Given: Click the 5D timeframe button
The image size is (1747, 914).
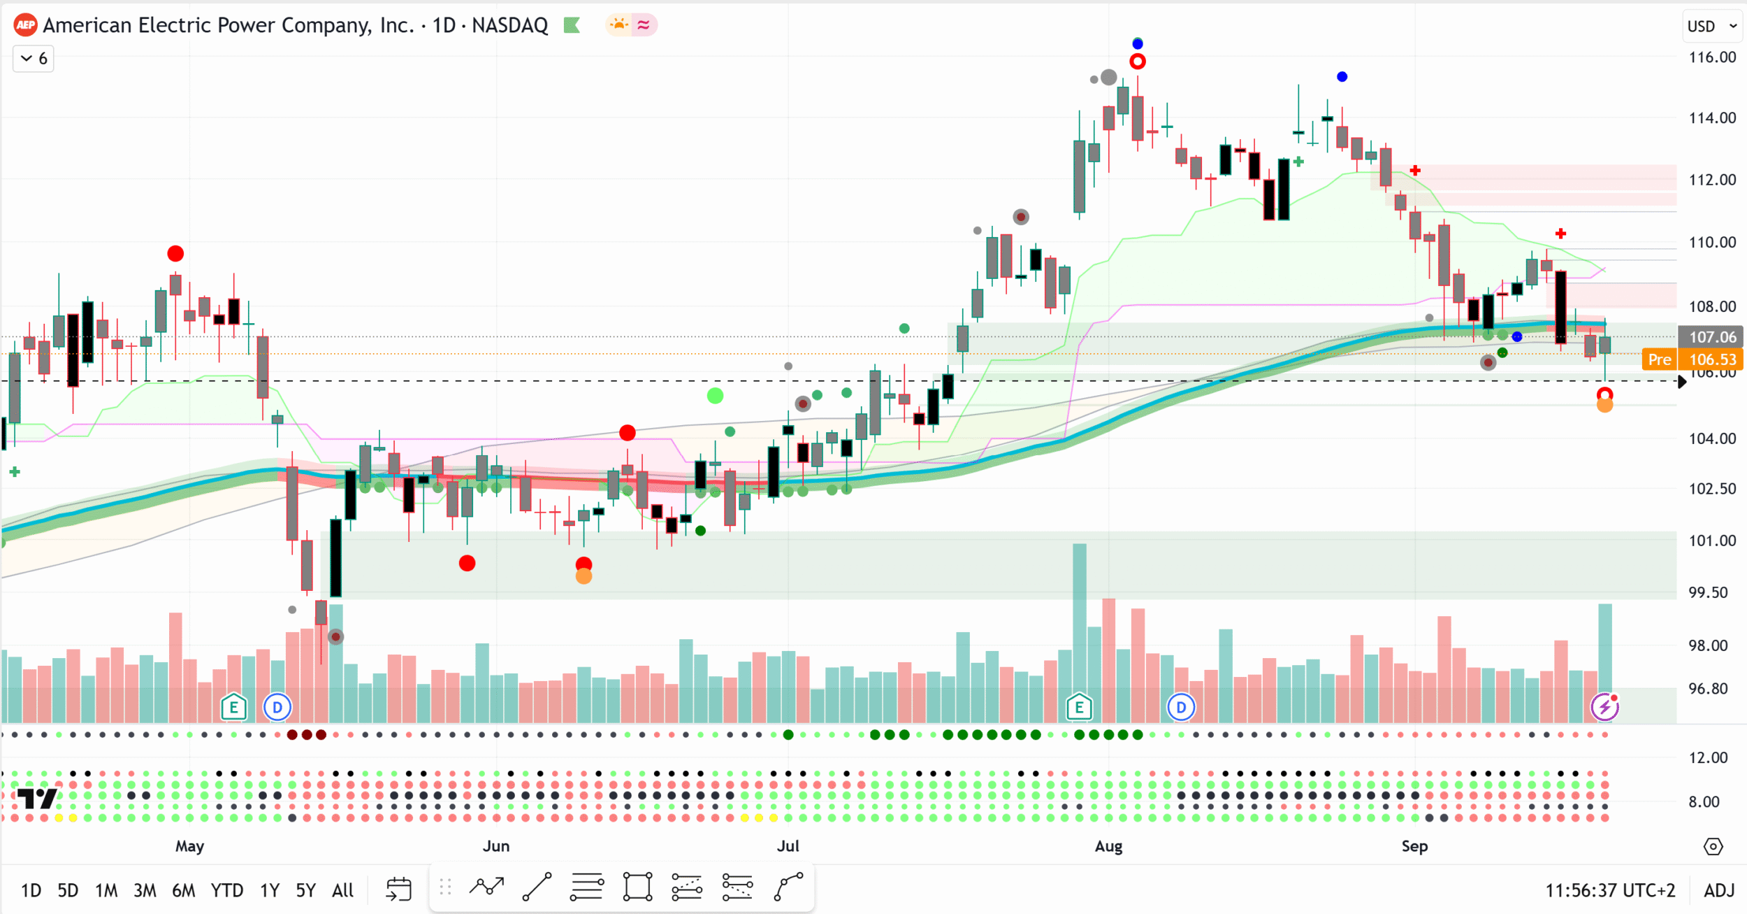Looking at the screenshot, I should pos(68,890).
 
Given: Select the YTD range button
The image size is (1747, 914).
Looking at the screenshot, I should pos(227,890).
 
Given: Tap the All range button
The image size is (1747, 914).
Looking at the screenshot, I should pos(342,890).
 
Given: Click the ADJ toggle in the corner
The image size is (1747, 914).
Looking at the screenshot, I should pos(1719,890).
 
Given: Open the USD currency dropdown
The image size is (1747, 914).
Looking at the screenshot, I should pos(1711,26).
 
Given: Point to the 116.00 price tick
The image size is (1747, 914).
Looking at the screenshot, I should pos(1712,57).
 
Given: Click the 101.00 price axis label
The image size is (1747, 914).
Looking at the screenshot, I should pos(1712,541).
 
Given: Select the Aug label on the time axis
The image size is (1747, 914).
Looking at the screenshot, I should pos(1108,846).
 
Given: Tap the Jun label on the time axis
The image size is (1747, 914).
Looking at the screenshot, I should pos(496,846).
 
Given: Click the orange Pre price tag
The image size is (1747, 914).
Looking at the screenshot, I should pos(1659,359).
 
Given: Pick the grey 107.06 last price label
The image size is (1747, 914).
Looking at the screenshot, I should pos(1712,337).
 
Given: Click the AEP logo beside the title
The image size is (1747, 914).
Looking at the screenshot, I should pos(26,26).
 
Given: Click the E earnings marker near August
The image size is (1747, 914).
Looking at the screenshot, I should pos(1079,708).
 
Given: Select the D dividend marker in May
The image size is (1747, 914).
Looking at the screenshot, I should pos(277,708).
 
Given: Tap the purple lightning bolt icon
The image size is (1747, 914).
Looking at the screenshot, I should pos(1604,707).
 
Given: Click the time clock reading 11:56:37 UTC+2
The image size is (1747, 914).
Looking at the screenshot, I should pos(1610,890).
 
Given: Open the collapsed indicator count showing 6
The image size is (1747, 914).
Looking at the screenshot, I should pos(34,59).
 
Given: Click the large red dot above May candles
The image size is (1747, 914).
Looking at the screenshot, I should pos(175,253).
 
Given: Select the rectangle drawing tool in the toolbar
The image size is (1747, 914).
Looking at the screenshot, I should pos(637,887).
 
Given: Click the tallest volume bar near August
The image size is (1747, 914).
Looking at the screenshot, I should pos(1080,633).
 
